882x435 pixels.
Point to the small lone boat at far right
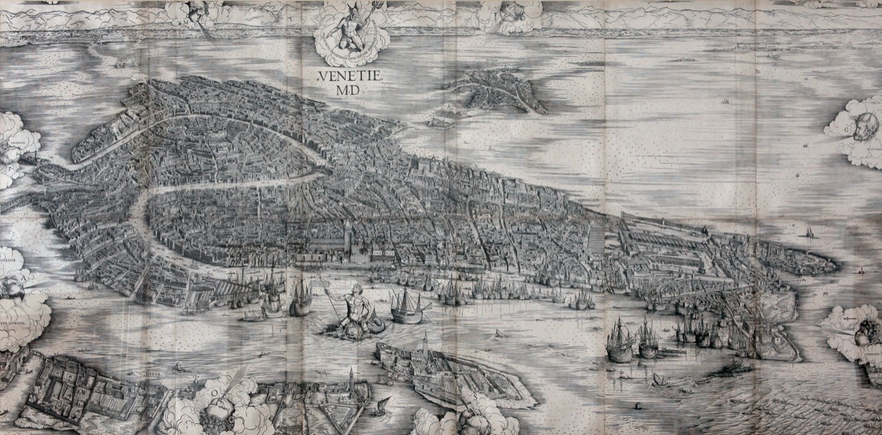805,233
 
